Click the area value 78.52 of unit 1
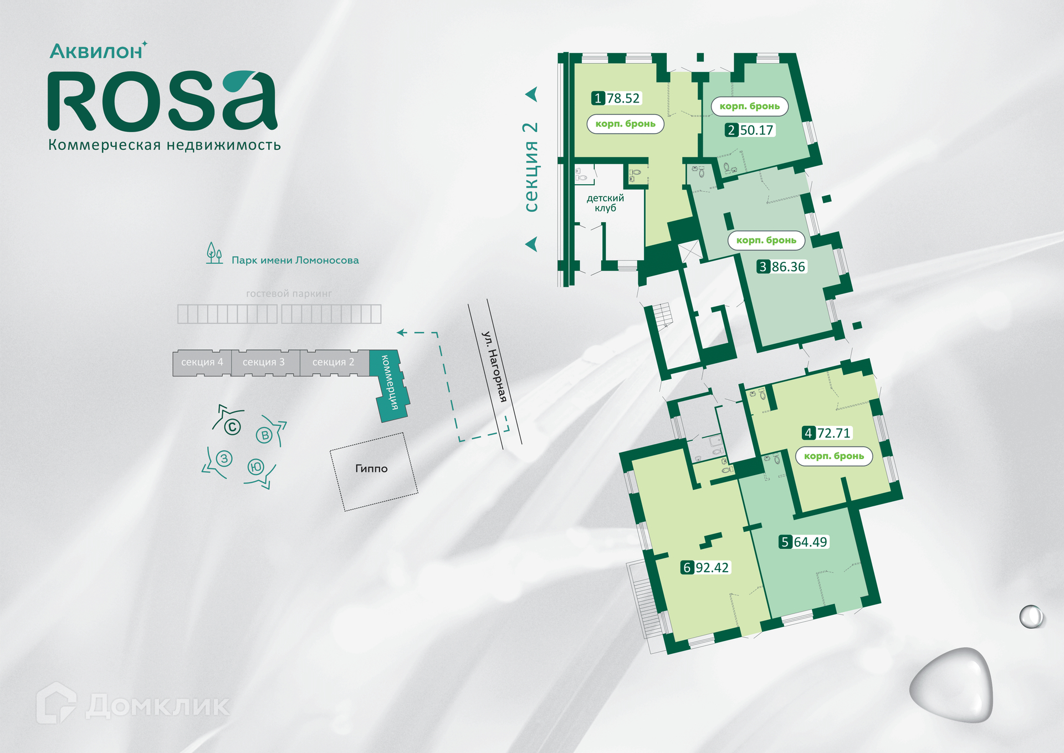623,99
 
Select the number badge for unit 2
731,130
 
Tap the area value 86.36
788,267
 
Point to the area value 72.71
833,433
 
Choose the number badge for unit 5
785,542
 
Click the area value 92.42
712,568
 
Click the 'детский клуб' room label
605,203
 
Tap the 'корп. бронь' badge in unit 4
834,456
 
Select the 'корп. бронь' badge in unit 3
766,240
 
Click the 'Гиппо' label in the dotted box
371,469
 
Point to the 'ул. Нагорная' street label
494,366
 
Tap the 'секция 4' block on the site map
202,362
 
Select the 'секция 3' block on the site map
264,362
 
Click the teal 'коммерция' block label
390,383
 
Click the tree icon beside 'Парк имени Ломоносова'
214,253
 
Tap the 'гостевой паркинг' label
289,294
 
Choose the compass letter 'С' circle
232,427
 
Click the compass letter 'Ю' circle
256,467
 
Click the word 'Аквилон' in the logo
96,52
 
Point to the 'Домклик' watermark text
158,705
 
